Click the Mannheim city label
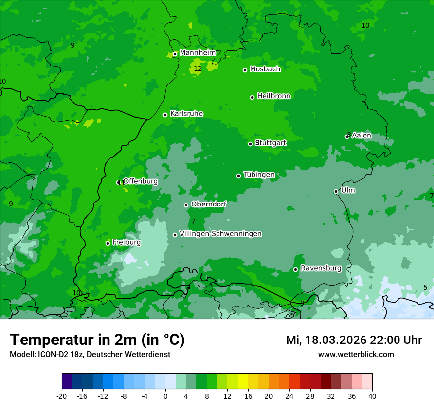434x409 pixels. (198, 53)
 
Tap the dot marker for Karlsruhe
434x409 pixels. (165, 115)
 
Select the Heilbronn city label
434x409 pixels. (274, 96)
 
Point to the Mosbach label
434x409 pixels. (265, 69)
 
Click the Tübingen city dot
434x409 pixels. (239, 176)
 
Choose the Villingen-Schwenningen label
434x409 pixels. (220, 234)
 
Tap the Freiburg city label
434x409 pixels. (126, 242)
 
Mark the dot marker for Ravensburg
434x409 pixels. (296, 269)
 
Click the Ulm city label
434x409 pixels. (348, 190)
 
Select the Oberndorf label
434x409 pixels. (209, 204)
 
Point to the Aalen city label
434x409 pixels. (362, 136)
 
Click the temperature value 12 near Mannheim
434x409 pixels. (198, 69)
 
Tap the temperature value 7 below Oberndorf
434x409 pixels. (193, 222)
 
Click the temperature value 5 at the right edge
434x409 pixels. (425, 288)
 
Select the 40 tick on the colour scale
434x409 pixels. (372, 396)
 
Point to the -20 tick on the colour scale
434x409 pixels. (62, 396)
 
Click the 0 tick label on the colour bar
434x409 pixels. (165, 396)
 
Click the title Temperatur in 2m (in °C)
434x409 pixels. (98, 340)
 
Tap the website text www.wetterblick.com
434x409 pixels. (356, 354)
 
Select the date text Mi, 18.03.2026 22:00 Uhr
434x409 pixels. (354, 340)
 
